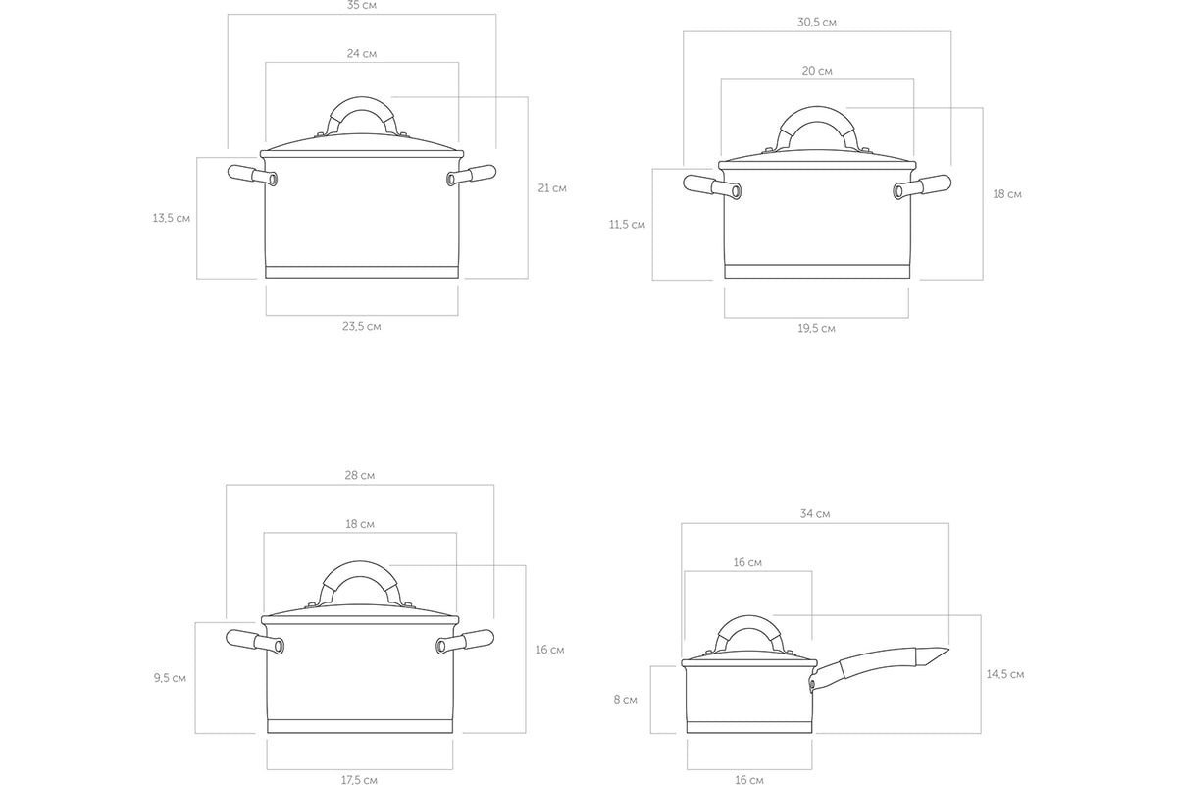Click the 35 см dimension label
tap(362, 5)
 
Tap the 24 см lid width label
tap(362, 53)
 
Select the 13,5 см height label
tap(172, 218)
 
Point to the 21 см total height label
tap(551, 187)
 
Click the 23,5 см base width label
tap(362, 326)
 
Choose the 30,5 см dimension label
tap(816, 23)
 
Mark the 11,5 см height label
tap(627, 225)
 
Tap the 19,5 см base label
tap(816, 328)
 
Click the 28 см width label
tap(359, 475)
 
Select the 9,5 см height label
tap(170, 678)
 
